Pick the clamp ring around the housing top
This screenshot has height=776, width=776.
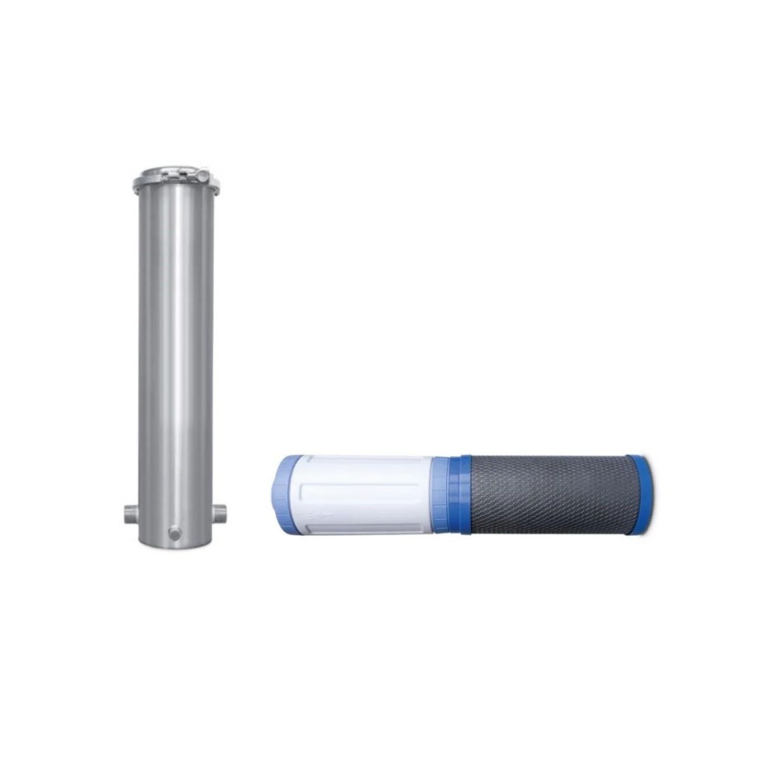[x=174, y=184]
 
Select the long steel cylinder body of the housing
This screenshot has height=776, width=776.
[x=175, y=349]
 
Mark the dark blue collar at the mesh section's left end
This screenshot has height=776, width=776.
[x=463, y=494]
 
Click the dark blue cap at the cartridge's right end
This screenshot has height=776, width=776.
[x=642, y=488]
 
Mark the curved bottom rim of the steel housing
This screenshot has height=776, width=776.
[x=175, y=542]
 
